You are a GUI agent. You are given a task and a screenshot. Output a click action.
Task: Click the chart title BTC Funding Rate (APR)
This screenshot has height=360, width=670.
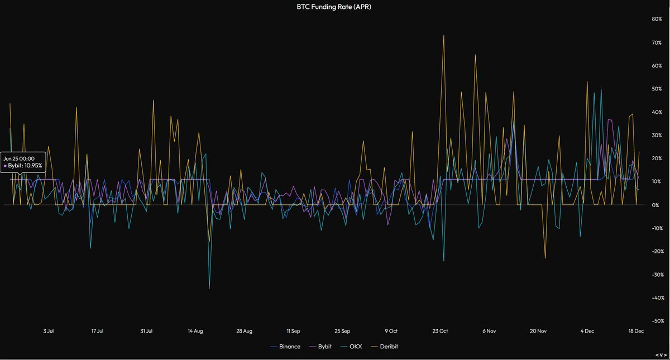pyautogui.click(x=335, y=7)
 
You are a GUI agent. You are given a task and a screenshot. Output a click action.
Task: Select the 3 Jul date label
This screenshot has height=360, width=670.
pyautogui.click(x=49, y=331)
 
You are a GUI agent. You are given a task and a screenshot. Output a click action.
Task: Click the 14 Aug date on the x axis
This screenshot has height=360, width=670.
pyautogui.click(x=195, y=331)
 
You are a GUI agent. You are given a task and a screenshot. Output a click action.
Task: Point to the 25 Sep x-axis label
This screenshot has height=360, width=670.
pyautogui.click(x=342, y=331)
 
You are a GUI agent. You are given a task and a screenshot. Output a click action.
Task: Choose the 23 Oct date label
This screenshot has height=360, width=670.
pyautogui.click(x=440, y=331)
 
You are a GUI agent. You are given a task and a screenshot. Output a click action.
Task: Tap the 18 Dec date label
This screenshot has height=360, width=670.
pyautogui.click(x=636, y=331)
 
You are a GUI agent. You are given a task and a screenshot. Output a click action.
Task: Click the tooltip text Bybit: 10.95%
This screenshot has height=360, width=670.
pyautogui.click(x=25, y=166)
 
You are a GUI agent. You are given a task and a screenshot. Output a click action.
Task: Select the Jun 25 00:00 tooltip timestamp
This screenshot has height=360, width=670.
pyautogui.click(x=19, y=159)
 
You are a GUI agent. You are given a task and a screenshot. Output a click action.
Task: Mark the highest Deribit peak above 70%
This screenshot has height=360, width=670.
pyautogui.click(x=443, y=36)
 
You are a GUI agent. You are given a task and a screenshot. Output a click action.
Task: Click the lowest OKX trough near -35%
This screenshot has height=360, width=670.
pyautogui.click(x=209, y=288)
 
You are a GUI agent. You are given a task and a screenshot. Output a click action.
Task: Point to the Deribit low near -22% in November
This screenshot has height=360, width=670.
pyautogui.click(x=545, y=258)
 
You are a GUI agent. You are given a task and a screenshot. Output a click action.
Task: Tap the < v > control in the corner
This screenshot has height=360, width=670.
pyautogui.click(x=661, y=355)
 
